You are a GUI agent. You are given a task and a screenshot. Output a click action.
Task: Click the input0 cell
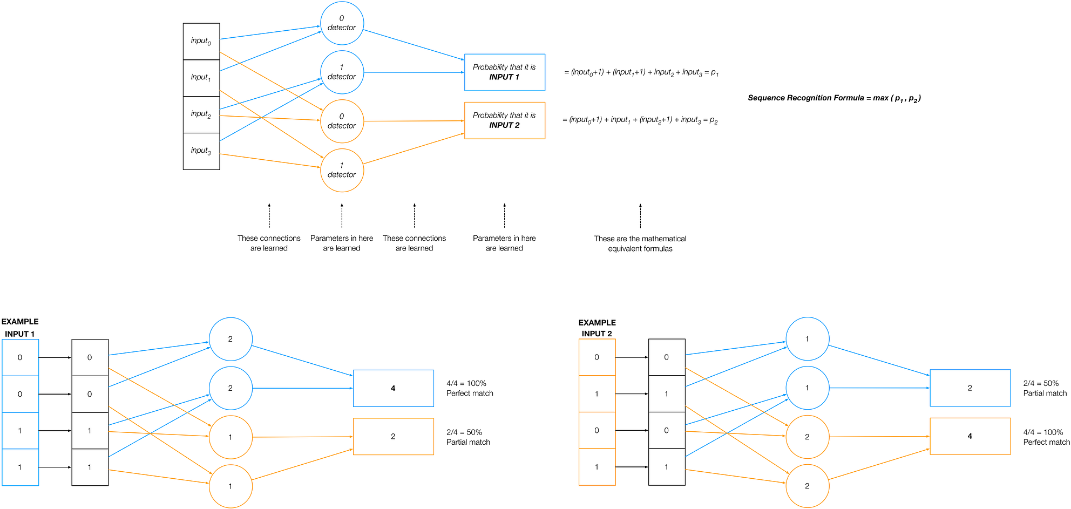click(201, 42)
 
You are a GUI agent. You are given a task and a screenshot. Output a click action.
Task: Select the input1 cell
click(201, 78)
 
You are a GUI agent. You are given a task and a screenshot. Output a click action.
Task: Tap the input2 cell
click(201, 114)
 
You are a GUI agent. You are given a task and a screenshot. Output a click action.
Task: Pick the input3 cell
click(201, 151)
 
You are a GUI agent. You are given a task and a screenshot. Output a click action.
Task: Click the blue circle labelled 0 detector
click(342, 23)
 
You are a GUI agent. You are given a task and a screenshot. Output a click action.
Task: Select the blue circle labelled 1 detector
click(342, 72)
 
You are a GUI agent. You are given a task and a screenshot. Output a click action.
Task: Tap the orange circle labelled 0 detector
click(342, 121)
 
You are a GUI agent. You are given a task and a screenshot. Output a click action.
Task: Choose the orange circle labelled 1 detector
click(342, 171)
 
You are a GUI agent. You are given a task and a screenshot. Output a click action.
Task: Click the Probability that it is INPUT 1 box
click(504, 72)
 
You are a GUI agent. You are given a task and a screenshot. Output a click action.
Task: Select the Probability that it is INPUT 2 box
click(504, 120)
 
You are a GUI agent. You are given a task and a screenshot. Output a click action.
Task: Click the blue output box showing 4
click(393, 388)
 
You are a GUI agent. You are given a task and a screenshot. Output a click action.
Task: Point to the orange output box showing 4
click(970, 436)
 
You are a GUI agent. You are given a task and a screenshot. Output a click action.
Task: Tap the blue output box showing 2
click(970, 388)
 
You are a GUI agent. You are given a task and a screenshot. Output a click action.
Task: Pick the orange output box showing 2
click(393, 437)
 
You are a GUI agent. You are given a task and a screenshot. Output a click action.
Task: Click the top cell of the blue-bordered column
click(21, 357)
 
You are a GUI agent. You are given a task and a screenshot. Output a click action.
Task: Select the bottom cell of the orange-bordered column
click(596, 467)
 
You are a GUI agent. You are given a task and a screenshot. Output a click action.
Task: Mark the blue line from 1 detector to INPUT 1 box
click(414, 72)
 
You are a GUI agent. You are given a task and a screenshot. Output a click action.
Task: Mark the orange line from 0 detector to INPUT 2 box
click(414, 121)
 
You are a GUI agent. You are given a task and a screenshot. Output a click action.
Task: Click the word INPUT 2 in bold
click(504, 125)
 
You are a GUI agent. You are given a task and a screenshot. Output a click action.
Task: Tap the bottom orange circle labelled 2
click(807, 486)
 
